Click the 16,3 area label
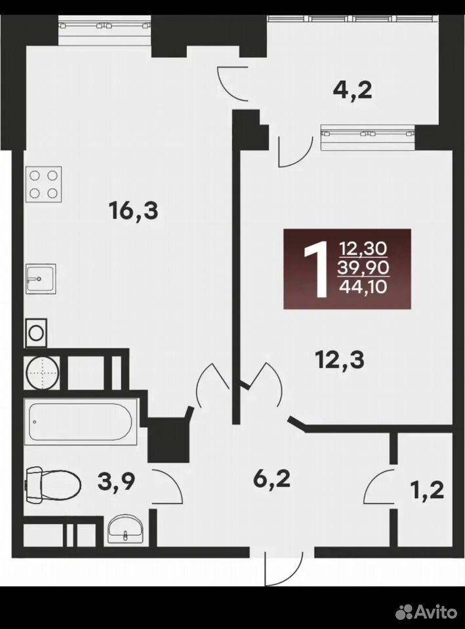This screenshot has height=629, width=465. pos(134,211)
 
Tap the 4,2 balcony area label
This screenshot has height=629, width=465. pos(353,90)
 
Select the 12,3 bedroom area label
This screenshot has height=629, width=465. pos(340,360)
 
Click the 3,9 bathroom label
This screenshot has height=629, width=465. pos(116,482)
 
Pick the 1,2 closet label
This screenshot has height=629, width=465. pos(428,490)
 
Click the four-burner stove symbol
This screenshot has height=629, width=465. pos(44,184)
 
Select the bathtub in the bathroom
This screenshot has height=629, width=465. pos(81,421)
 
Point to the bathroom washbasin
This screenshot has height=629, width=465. pos(125,530)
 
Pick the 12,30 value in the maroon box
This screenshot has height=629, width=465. pos(363,249)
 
